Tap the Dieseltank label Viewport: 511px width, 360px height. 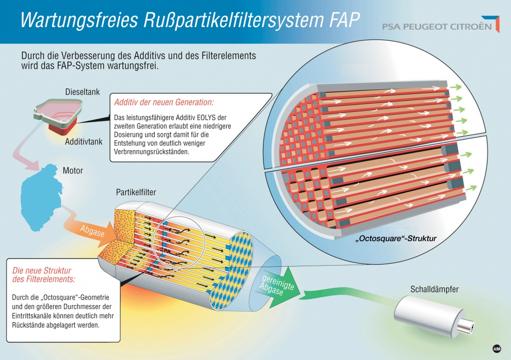(82, 92)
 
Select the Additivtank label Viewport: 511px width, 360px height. (83, 141)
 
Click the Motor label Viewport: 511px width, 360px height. (73, 171)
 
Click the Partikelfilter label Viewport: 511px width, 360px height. (136, 192)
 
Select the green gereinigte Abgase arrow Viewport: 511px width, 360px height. (277, 284)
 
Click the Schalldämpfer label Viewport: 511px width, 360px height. (435, 289)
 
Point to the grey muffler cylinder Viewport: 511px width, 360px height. (429, 314)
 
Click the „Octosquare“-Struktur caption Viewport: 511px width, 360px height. (396, 239)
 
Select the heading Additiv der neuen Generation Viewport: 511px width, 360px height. (164, 102)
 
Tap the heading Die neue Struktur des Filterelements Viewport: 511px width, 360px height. (44, 275)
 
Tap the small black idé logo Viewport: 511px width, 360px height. (497, 349)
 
